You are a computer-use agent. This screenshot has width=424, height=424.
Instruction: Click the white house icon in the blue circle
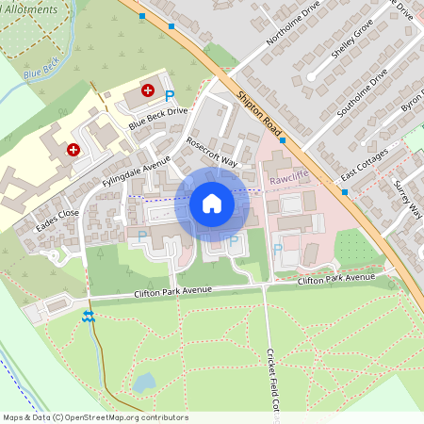pyautogui.click(x=212, y=203)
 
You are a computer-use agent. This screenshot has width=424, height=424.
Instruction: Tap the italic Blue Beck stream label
pyautogui.click(x=41, y=73)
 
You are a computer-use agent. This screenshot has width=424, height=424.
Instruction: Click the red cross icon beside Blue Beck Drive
pyautogui.click(x=148, y=91)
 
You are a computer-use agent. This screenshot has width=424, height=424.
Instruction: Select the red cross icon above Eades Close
pyautogui.click(x=73, y=149)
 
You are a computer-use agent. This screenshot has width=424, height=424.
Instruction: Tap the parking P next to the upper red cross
pyautogui.click(x=170, y=95)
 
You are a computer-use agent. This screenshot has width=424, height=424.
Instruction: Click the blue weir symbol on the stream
pyautogui.click(x=89, y=317)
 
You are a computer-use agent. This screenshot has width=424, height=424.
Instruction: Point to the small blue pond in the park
pyautogui.click(x=143, y=383)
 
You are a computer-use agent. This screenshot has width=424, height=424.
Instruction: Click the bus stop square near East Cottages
pyautogui.click(x=346, y=192)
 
